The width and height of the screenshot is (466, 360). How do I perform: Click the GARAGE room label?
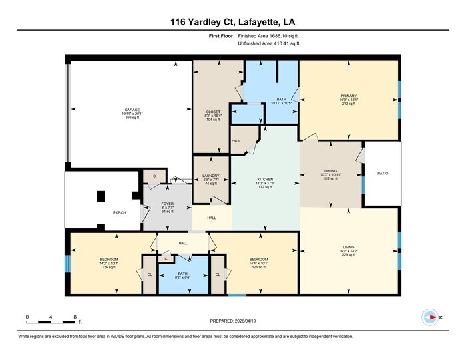tap(132, 110)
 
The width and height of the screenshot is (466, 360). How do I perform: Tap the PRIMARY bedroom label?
tap(349, 96)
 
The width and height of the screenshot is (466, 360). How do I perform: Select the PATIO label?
tap(383, 174)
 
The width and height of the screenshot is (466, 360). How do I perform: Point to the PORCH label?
tap(120, 213)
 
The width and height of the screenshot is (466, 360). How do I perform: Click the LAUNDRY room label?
tap(211, 177)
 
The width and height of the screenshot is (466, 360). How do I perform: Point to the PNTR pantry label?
tap(236, 142)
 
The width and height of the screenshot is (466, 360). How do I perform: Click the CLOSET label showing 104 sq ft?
tap(213, 112)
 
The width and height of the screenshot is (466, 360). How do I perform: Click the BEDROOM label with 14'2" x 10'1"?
tap(109, 259)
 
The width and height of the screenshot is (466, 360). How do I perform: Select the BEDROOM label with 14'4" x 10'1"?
tap(258, 259)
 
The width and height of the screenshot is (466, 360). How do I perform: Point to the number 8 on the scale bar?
tap(75, 317)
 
